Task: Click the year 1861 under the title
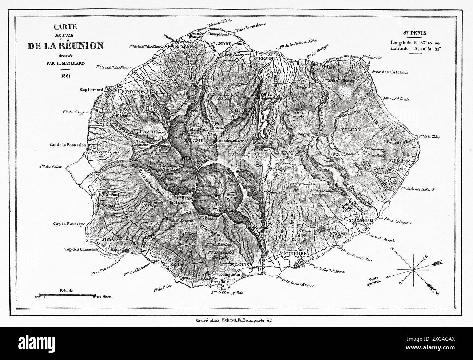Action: pyautogui.click(x=65, y=76)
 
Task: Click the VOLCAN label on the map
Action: pyautogui.click(x=350, y=129)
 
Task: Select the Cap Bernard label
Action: pyautogui.click(x=92, y=89)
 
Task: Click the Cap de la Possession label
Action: pyautogui.click(x=68, y=145)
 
